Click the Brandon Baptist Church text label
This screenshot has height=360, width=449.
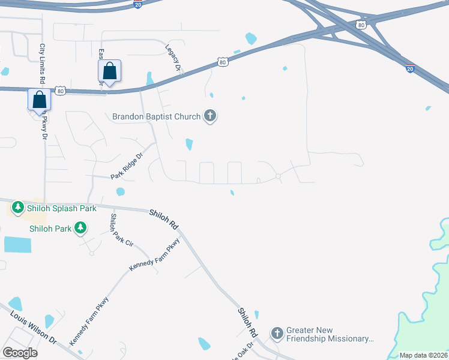tap(157, 116)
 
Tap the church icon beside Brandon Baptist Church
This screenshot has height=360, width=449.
tap(209, 116)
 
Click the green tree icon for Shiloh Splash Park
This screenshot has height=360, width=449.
tap(18, 208)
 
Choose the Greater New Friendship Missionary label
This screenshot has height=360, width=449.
tap(330, 334)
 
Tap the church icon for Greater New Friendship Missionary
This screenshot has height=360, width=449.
tap(277, 333)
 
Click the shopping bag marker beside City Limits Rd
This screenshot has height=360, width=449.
tap(39, 99)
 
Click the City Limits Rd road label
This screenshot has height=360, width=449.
tap(43, 63)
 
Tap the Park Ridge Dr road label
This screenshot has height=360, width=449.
tap(127, 166)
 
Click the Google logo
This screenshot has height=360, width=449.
tap(20, 353)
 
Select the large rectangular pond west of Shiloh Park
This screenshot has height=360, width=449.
tap(17, 244)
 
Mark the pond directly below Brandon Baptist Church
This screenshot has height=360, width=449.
tap(190, 144)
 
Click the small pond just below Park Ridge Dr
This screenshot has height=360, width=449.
tap(121, 192)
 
